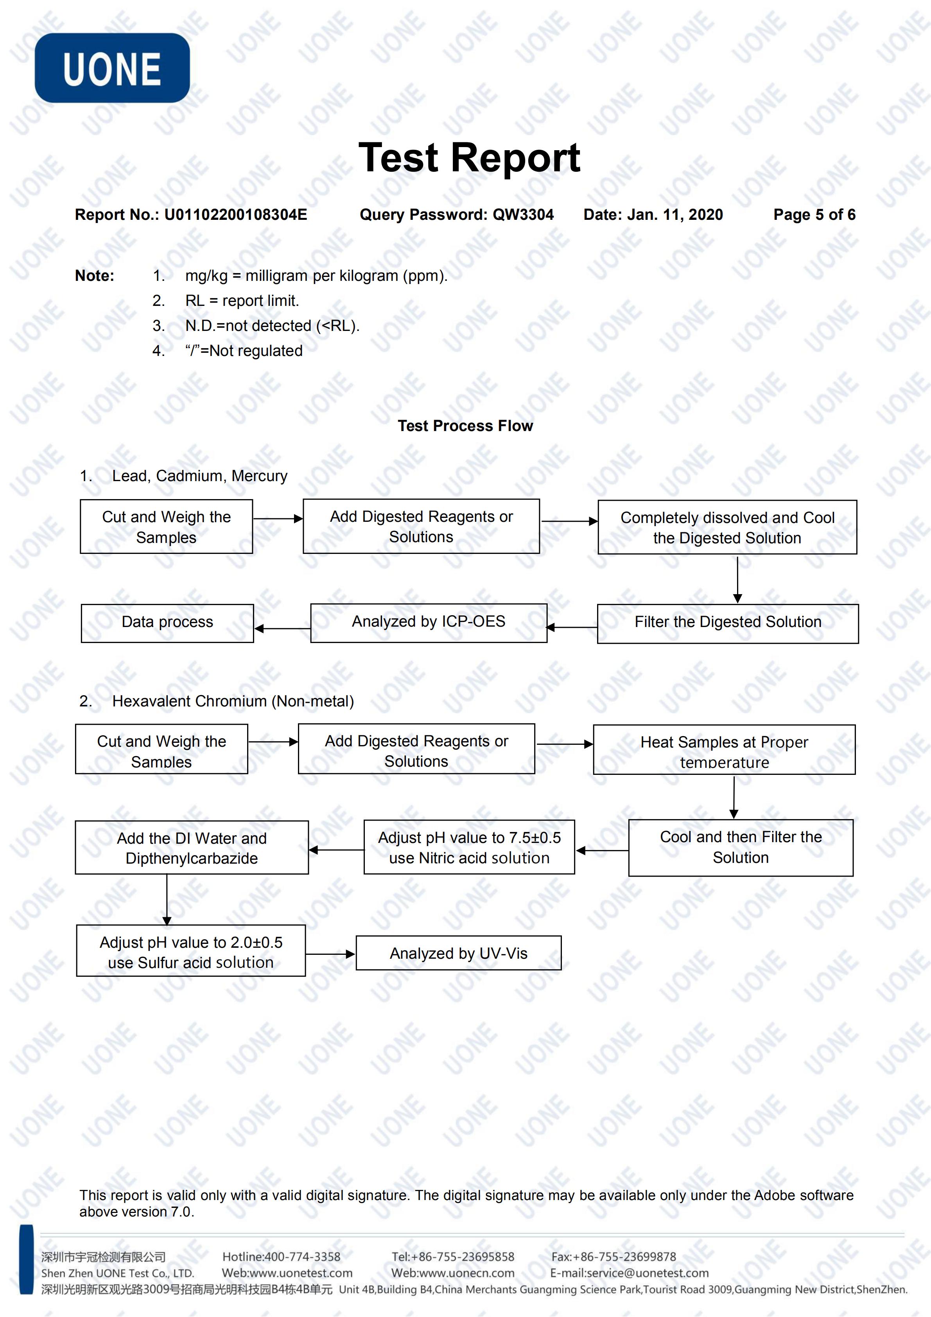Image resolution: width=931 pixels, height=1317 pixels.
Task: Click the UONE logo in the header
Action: click(x=112, y=68)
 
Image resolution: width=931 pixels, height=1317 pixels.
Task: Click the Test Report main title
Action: click(x=469, y=157)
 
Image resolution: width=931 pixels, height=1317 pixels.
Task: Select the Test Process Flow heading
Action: click(x=465, y=426)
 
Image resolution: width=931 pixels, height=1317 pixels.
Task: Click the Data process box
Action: click(x=167, y=623)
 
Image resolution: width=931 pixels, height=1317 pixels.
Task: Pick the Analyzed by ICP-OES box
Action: click(x=429, y=623)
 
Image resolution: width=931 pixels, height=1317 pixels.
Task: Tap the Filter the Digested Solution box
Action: click(x=728, y=623)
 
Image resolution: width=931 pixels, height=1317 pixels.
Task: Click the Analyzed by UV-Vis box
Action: click(x=459, y=953)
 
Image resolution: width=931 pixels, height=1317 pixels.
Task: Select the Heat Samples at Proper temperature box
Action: click(x=724, y=750)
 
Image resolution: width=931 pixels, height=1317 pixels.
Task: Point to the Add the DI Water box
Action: click(x=192, y=847)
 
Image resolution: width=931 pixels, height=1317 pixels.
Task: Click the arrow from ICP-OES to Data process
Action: click(x=283, y=629)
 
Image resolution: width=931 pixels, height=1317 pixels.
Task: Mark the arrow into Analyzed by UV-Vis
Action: click(x=331, y=954)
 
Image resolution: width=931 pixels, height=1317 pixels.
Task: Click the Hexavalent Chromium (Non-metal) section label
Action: click(x=233, y=701)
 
